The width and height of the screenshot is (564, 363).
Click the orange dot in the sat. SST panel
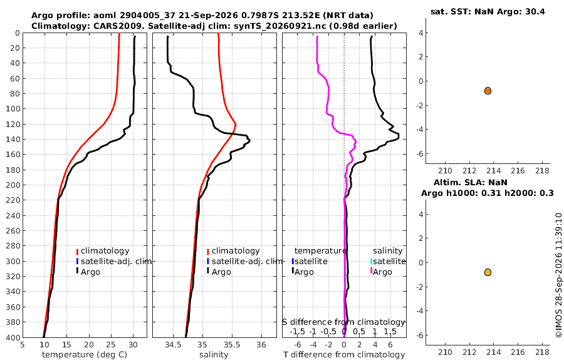click(x=488, y=91)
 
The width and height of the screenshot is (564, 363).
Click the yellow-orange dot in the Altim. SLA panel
click(x=488, y=272)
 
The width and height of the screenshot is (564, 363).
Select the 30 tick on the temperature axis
click(x=133, y=344)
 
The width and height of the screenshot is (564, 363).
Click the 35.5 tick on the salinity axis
click(x=232, y=344)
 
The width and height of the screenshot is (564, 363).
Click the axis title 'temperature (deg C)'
click(x=85, y=355)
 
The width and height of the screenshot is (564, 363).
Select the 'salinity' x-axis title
click(x=214, y=355)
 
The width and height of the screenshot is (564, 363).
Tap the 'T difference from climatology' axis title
click(x=344, y=355)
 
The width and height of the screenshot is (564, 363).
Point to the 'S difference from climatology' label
click(x=343, y=322)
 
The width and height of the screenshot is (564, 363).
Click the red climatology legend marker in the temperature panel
click(x=77, y=252)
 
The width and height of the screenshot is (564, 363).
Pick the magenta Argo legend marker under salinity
click(x=371, y=271)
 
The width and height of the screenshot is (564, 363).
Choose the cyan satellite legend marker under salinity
click(x=371, y=261)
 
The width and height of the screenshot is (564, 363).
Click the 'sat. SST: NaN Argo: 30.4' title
click(x=488, y=11)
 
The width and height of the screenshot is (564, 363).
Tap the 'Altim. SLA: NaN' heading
click(x=471, y=183)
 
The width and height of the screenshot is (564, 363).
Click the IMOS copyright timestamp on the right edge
click(x=558, y=275)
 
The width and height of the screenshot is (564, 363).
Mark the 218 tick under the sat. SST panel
click(x=543, y=171)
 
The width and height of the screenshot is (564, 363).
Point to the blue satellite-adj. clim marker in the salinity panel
click(x=208, y=261)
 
